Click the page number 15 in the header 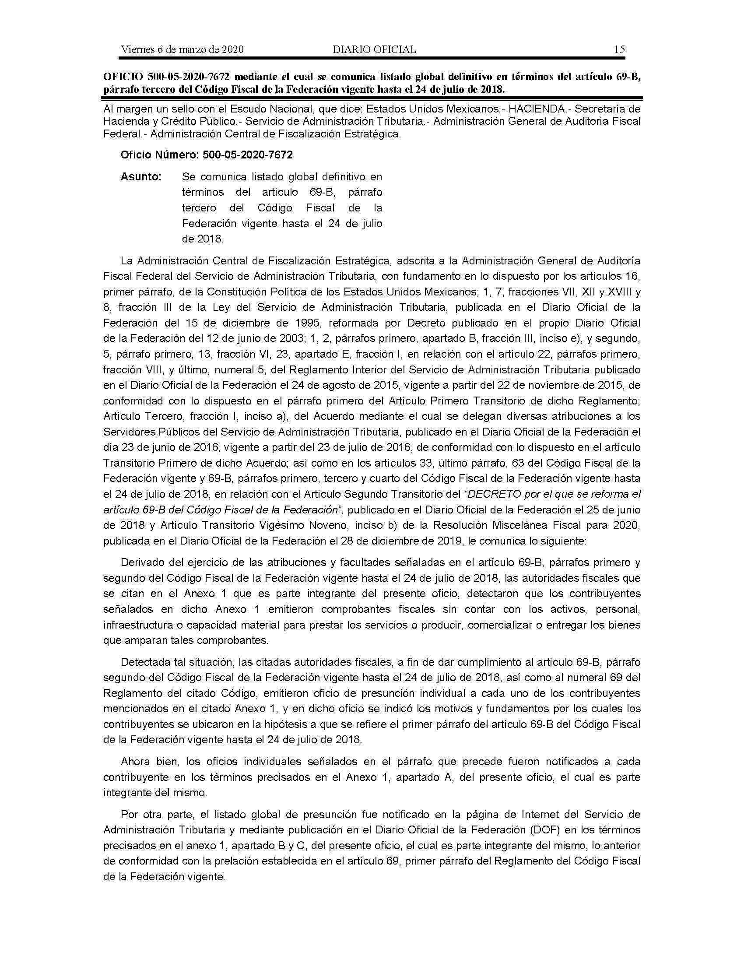click(619, 49)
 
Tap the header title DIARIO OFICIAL click(374, 49)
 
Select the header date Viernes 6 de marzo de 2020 click(182, 49)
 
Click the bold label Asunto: click(141, 177)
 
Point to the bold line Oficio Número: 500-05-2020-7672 click(207, 155)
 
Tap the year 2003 click(277, 339)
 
